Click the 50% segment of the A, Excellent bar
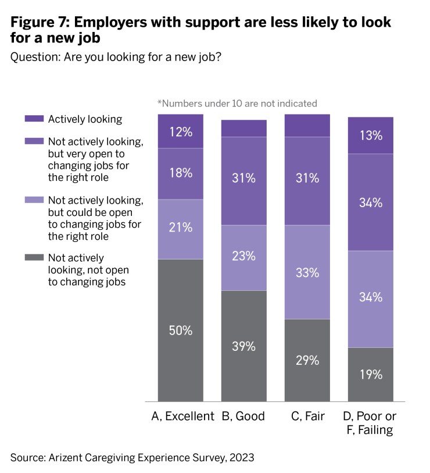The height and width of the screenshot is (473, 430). click(181, 330)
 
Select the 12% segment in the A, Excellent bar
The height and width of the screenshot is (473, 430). click(181, 131)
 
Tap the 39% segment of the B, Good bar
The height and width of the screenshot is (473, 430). click(243, 346)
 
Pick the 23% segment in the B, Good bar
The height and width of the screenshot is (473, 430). click(243, 258)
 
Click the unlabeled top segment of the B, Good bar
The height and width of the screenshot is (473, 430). click(243, 128)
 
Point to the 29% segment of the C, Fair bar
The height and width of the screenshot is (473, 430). click(306, 360)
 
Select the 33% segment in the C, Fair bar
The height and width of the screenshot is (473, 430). click(306, 272)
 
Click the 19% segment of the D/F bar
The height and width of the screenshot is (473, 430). click(370, 374)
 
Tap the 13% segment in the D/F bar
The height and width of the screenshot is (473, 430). click(370, 136)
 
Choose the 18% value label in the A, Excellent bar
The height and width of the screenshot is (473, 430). click(181, 173)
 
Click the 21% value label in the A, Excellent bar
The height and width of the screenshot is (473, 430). click(181, 227)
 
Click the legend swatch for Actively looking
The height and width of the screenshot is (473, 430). click(34, 119)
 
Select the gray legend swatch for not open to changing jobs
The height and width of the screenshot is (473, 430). click(34, 258)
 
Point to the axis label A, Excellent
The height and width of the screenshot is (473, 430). click(182, 416)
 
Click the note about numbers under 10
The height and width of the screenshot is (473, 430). click(237, 104)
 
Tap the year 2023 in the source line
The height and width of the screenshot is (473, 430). click(241, 457)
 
